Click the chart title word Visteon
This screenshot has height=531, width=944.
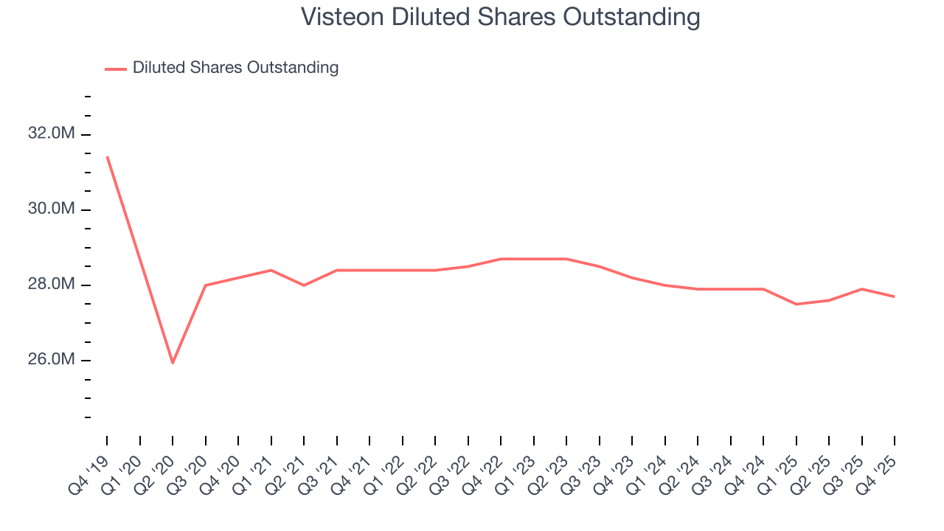(x=342, y=17)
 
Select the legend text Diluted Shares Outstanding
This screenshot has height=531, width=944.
(x=235, y=68)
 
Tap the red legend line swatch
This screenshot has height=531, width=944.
(x=116, y=69)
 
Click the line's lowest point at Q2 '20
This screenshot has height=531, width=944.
(x=173, y=363)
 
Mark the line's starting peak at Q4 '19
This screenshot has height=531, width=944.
(x=107, y=156)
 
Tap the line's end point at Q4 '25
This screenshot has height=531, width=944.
(x=895, y=296)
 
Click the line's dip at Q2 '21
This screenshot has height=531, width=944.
(x=304, y=285)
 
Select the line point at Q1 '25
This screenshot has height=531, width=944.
(x=796, y=304)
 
